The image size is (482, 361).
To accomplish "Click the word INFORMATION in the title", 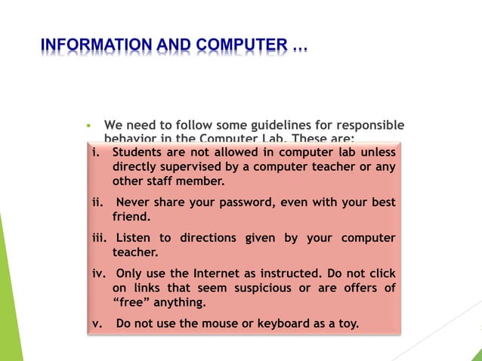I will coord(94,47).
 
